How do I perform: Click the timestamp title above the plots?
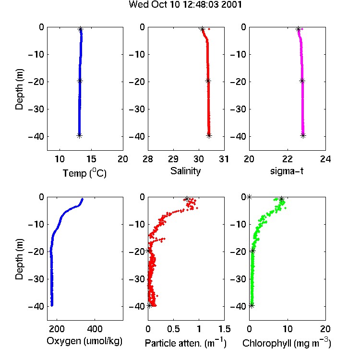click(185, 5)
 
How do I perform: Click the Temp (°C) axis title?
click(84, 173)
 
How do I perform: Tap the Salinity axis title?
click(185, 171)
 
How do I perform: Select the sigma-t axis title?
click(287, 171)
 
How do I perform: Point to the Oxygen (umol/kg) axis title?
click(84, 341)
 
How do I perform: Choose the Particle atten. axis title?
click(186, 343)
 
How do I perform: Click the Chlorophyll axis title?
click(287, 343)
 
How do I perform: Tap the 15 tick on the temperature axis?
click(91, 159)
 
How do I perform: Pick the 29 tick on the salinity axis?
click(173, 159)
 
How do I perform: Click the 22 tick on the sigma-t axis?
click(288, 159)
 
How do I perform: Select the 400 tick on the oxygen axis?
click(95, 329)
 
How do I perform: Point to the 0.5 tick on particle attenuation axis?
click(173, 329)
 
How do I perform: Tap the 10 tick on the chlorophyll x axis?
click(288, 329)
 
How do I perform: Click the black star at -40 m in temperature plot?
click(79, 135)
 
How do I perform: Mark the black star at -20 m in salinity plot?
click(208, 81)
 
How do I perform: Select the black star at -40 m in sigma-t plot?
click(303, 135)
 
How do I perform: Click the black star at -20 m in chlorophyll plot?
click(252, 251)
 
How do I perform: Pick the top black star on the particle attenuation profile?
click(187, 199)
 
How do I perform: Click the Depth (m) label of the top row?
click(19, 89)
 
